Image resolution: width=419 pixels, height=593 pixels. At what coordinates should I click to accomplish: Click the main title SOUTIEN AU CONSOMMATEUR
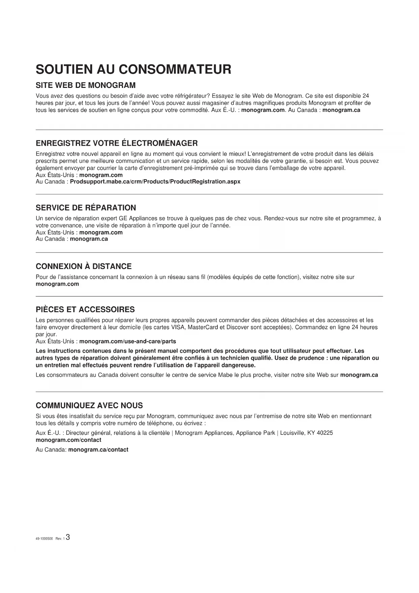(x=133, y=69)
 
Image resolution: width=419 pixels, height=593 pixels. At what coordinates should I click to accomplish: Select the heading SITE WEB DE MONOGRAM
(x=85, y=85)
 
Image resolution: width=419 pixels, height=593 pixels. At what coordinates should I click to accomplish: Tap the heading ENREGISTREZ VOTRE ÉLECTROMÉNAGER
(x=116, y=143)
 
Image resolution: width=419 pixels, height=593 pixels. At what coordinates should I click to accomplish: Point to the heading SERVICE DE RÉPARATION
(x=86, y=208)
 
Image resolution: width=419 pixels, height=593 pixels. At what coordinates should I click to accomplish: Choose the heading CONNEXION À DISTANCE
(x=83, y=266)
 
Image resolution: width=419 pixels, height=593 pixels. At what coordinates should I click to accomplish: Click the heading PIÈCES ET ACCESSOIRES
(x=85, y=310)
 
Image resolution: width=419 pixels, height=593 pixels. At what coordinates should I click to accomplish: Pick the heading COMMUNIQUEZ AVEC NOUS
(x=89, y=406)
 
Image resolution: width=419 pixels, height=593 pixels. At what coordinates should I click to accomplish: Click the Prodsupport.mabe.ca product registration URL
(x=155, y=182)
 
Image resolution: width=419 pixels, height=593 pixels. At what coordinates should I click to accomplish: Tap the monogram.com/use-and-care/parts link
(x=127, y=341)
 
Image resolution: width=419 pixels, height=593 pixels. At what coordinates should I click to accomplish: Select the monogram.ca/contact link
(x=98, y=450)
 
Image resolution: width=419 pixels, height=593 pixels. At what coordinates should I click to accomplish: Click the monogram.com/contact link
(x=68, y=440)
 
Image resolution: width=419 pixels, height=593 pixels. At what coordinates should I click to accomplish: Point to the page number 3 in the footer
(x=68, y=537)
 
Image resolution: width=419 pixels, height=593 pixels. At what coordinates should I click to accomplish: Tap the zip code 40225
(x=324, y=433)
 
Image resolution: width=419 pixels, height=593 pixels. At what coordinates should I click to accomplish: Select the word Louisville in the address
(x=292, y=433)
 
